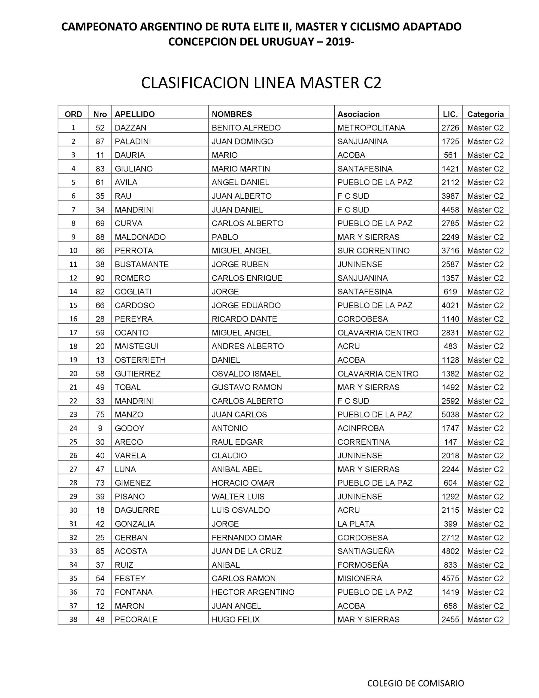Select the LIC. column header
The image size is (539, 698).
coord(450,114)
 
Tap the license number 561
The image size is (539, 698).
coord(450,155)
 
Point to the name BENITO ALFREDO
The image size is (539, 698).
coord(246,128)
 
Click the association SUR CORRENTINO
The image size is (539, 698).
coord(373,251)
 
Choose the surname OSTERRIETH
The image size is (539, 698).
coord(140,360)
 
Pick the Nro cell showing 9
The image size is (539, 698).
coord(100,428)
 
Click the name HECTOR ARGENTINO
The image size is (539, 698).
coord(253,592)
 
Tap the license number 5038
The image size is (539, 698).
coord(450,414)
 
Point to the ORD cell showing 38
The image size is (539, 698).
coord(73,619)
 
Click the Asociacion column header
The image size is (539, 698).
coord(359,114)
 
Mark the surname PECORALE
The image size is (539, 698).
coord(136,619)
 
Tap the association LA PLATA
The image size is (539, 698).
coord(356,524)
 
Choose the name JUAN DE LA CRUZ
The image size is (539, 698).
coord(247,551)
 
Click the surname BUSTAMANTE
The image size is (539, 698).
coord(141,264)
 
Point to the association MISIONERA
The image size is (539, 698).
coord(359,579)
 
